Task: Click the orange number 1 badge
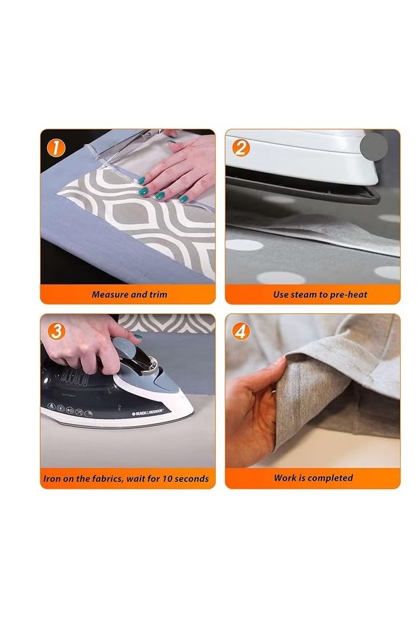[x=56, y=149]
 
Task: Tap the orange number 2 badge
[x=241, y=149]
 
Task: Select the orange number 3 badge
[x=56, y=332]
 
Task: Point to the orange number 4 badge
[x=241, y=332]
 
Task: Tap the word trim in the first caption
[x=158, y=295]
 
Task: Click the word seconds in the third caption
[x=192, y=478]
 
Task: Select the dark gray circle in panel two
[x=374, y=147]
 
